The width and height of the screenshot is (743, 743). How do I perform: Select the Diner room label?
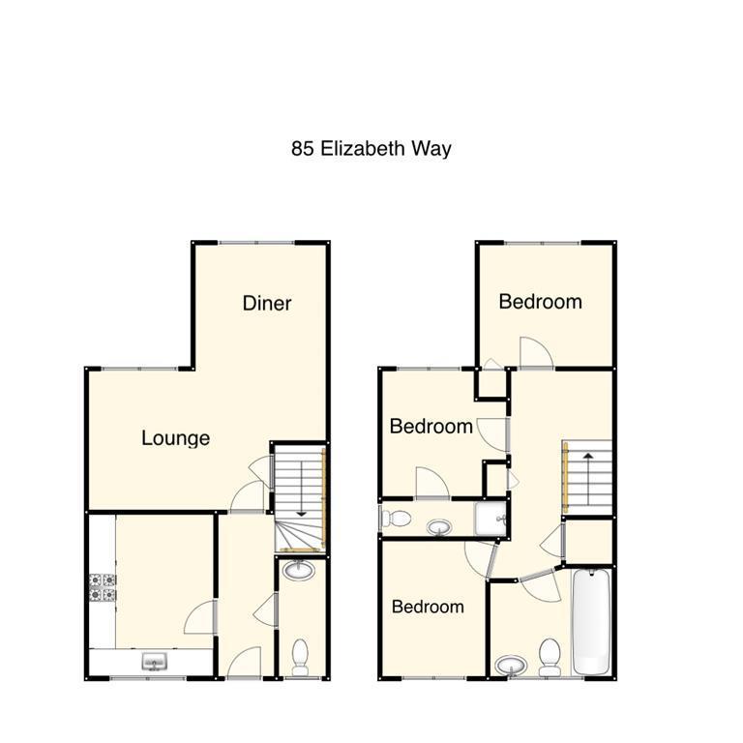267,303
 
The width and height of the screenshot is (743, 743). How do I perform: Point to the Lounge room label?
175,438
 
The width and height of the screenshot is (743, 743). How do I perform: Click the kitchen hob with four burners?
103,587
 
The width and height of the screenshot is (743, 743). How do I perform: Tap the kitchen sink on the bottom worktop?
153,663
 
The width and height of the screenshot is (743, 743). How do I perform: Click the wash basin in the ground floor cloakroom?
300,571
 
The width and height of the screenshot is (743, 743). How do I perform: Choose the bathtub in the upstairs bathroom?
591,623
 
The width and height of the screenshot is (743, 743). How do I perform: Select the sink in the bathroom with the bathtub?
510,666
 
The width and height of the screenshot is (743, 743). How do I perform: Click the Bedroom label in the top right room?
540,302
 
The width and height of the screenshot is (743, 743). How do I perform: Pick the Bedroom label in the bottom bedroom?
427,607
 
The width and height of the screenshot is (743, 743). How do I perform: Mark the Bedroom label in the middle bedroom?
431,426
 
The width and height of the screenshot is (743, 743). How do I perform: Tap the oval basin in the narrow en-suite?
440,527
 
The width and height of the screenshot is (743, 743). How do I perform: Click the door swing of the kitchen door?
200,616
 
